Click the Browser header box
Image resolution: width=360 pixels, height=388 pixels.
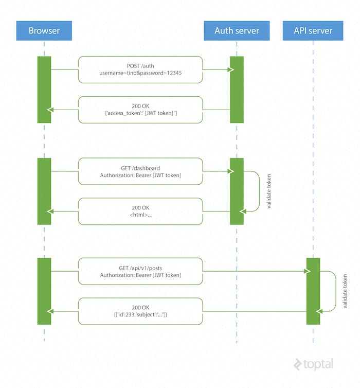click(x=44, y=30)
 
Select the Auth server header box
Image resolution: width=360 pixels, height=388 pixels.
click(x=237, y=30)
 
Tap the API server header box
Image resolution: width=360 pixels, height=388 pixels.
click(x=313, y=30)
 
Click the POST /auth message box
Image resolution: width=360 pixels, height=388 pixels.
click(x=140, y=69)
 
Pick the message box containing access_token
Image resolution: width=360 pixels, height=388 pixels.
click(x=140, y=110)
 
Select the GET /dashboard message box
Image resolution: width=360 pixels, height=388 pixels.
click(x=140, y=171)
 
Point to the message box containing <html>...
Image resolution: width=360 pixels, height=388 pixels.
click(x=140, y=211)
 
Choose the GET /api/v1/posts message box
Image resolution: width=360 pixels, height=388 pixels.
click(x=140, y=271)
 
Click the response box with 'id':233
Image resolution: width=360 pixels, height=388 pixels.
click(x=140, y=310)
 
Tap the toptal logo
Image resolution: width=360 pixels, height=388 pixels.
click(x=313, y=364)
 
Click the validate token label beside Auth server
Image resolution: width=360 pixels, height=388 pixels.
click(x=269, y=191)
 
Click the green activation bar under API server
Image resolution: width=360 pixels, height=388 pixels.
click(x=313, y=291)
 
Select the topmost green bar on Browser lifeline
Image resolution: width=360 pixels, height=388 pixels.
click(x=44, y=90)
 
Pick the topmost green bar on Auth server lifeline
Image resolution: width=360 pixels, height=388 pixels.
click(x=237, y=90)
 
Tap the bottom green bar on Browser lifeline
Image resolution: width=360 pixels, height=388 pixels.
click(x=44, y=291)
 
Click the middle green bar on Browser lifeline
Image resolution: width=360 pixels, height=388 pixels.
click(x=44, y=191)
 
